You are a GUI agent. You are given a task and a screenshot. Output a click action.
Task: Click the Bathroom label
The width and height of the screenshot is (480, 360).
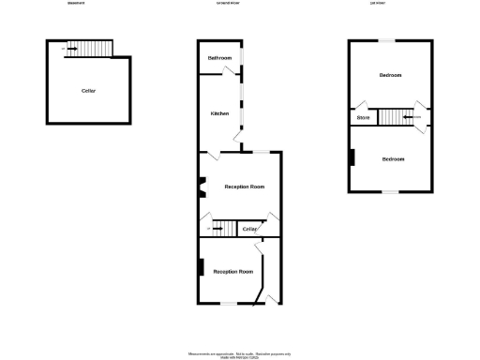point(219,59)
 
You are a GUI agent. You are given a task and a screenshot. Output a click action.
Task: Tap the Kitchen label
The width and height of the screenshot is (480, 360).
point(219,113)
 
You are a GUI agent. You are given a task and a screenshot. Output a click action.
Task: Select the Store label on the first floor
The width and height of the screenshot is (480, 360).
point(363,118)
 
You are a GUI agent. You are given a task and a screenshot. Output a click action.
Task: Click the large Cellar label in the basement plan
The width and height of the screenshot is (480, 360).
point(89,91)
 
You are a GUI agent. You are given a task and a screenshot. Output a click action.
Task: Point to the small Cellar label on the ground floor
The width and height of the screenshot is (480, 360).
point(249,229)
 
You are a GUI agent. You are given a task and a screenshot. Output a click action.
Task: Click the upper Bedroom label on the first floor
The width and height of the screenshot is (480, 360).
point(390,75)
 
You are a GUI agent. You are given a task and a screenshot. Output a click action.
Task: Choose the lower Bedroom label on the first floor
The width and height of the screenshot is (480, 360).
point(393,159)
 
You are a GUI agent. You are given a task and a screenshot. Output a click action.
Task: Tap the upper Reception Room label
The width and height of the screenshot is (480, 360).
point(244,187)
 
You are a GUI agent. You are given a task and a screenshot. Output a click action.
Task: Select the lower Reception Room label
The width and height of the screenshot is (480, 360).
point(232,272)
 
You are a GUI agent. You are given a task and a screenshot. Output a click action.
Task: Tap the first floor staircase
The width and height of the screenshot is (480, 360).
point(396,117)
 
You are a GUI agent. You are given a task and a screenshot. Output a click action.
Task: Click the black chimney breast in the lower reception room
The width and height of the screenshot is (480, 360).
point(200,266)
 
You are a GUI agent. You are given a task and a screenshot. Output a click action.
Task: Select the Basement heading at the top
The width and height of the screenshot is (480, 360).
point(76,4)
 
